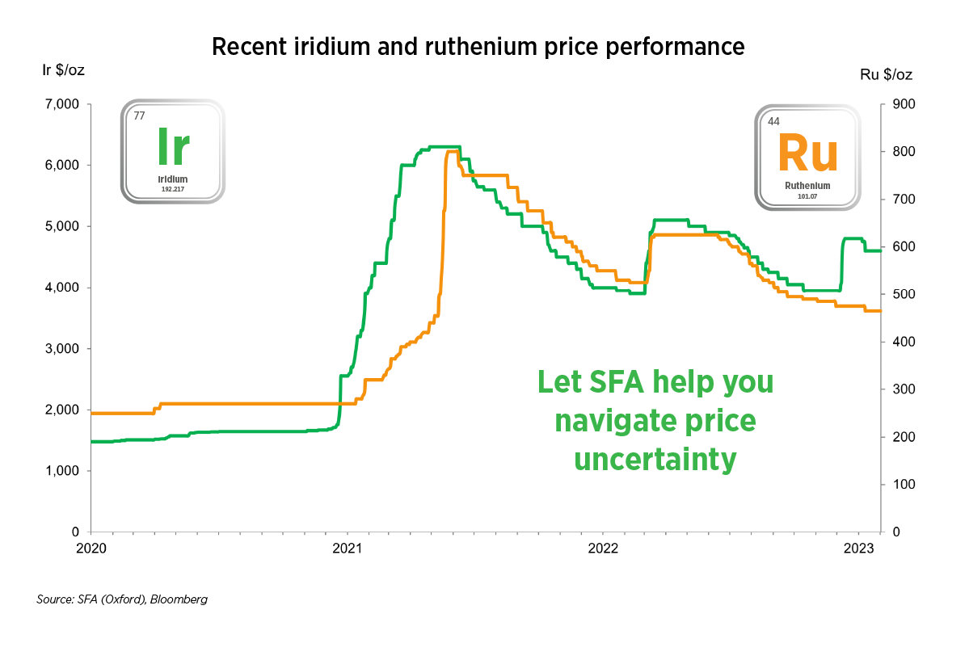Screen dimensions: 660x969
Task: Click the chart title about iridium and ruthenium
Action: [477, 48]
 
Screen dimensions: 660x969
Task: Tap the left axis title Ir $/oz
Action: [63, 70]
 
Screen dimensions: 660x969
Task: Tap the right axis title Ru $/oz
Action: [887, 75]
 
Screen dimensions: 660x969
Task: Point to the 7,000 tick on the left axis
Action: [62, 104]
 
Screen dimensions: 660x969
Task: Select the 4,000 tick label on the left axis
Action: [62, 288]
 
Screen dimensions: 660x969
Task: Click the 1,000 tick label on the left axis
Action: [62, 471]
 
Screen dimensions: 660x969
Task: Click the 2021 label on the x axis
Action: [348, 548]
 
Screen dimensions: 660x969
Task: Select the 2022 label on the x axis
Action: [604, 548]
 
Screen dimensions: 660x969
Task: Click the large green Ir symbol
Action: [173, 145]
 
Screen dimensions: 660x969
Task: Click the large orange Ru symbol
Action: [807, 153]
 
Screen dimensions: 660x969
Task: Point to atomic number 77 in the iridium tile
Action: [139, 116]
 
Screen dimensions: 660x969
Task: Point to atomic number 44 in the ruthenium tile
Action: [773, 122]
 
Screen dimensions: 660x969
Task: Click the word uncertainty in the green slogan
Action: [655, 460]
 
